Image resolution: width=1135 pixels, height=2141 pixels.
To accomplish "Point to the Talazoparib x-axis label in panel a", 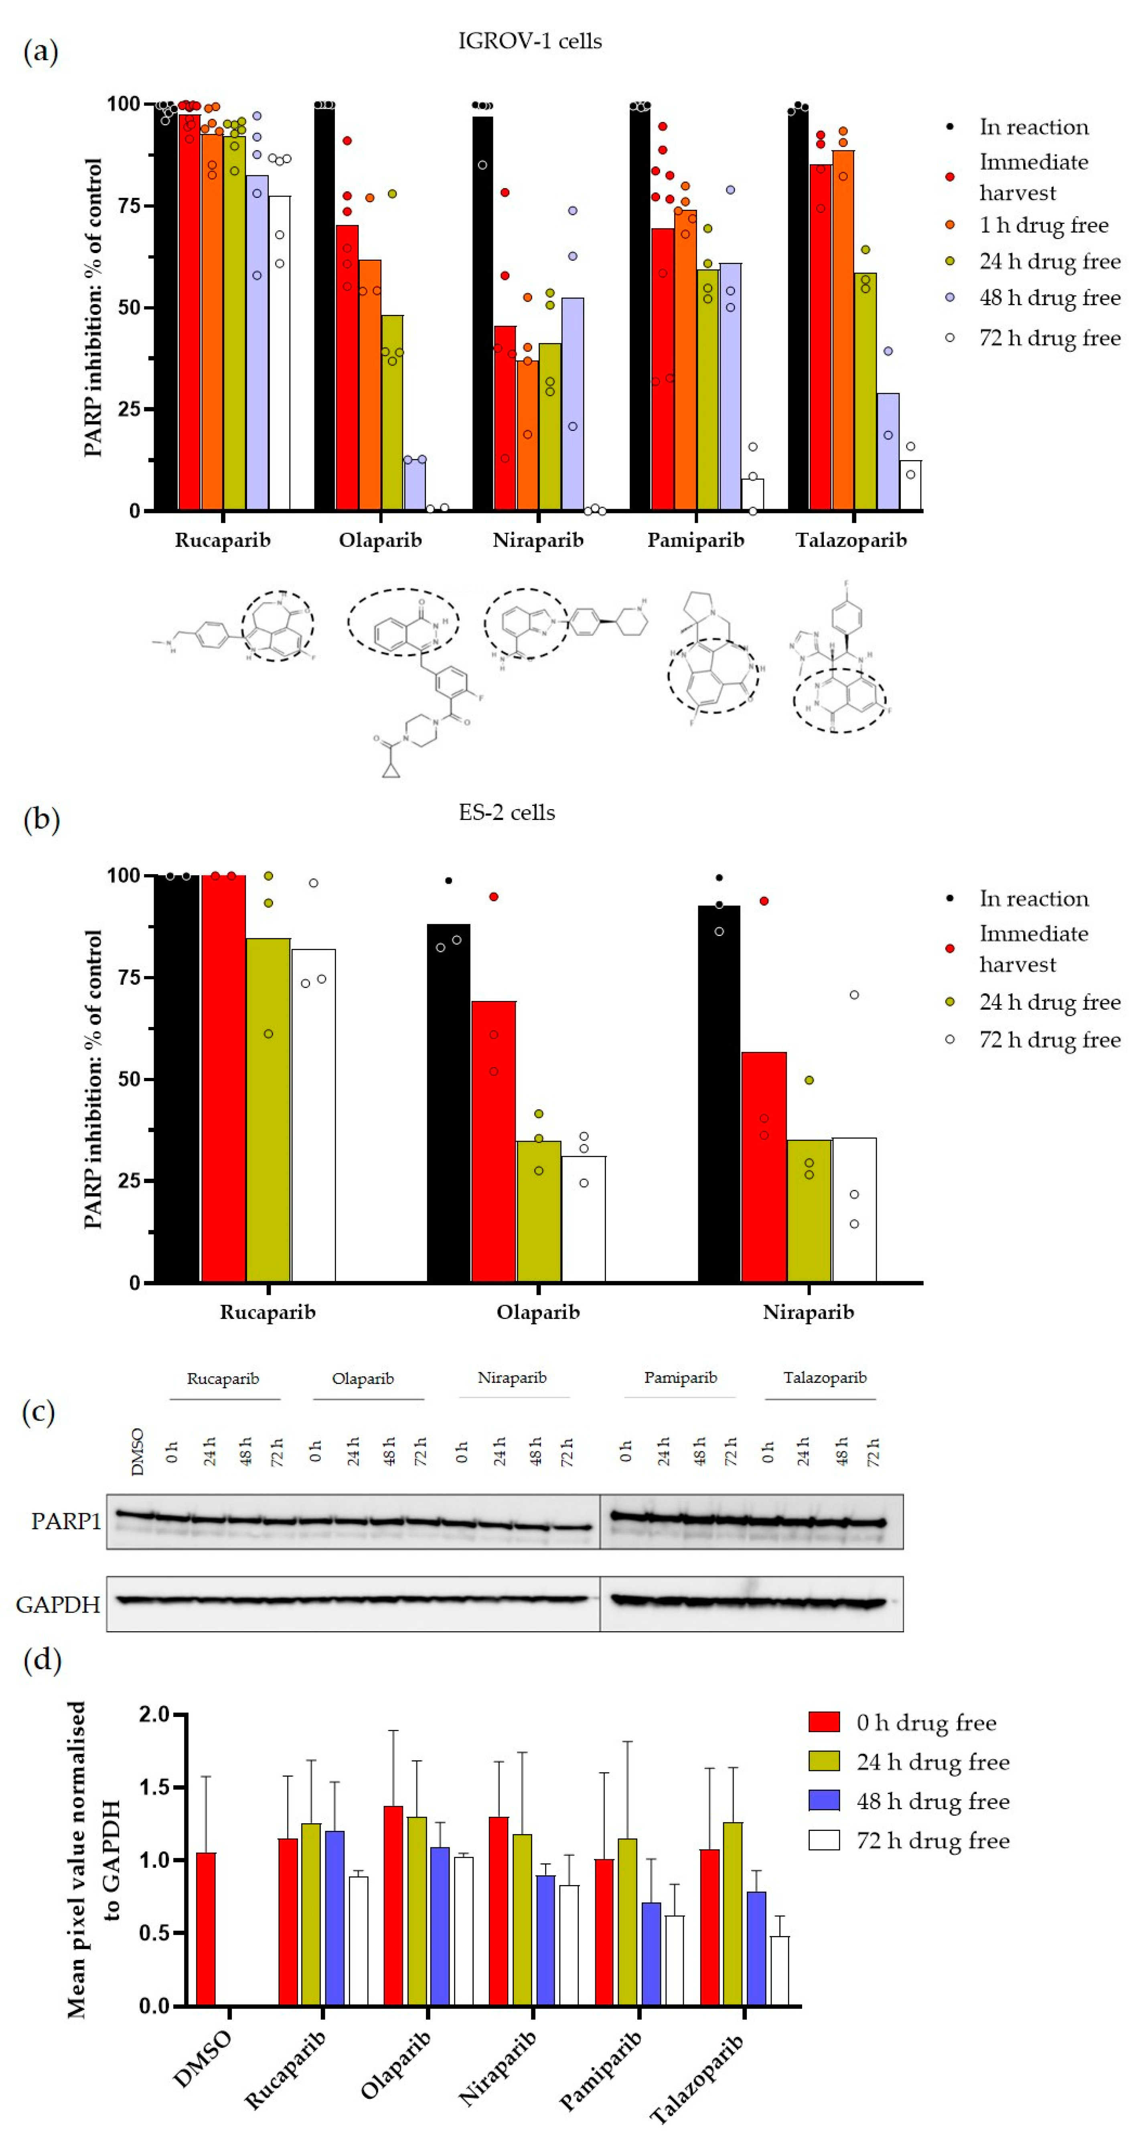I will tap(851, 540).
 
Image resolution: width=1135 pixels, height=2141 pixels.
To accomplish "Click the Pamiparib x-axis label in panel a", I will tap(695, 540).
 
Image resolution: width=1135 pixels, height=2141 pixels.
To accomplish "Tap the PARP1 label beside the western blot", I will tap(66, 1521).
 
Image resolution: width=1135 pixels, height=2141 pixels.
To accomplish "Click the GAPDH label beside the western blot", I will tap(58, 1604).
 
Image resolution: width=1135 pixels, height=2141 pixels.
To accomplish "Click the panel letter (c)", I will tap(38, 1411).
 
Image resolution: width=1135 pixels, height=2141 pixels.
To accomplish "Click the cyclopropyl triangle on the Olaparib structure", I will tap(391, 769).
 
